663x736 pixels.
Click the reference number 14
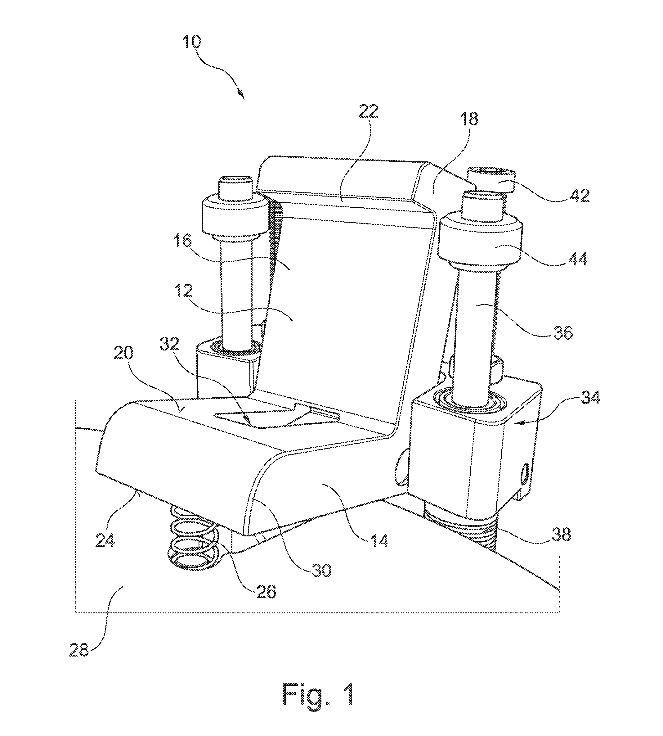tap(379, 550)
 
